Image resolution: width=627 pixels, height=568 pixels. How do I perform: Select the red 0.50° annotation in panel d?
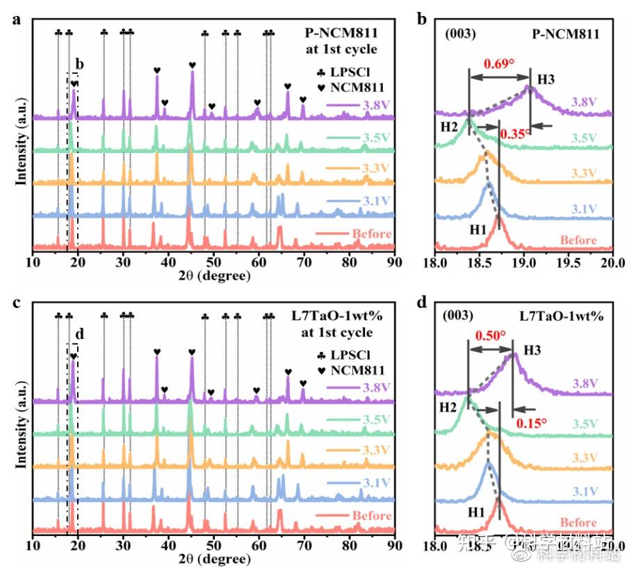pyautogui.click(x=490, y=335)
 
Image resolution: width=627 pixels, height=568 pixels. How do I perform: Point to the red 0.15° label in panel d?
pyautogui.click(x=531, y=421)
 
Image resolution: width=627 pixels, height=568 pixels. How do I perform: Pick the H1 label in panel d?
pyautogui.click(x=475, y=512)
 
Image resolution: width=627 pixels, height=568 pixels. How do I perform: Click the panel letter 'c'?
pyautogui.click(x=15, y=303)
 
